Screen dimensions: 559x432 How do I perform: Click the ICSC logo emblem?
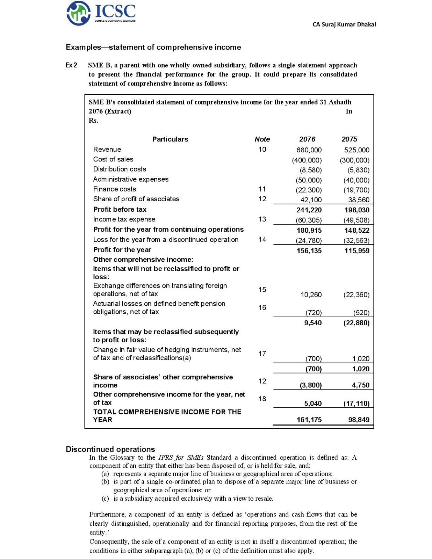(78, 13)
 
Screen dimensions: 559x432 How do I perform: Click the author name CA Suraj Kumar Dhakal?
(344, 24)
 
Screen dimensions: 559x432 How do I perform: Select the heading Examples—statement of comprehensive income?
(153, 47)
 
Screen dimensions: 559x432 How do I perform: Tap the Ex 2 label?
(71, 65)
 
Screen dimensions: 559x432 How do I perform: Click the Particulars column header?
(170, 139)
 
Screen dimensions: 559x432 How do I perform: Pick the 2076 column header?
(307, 139)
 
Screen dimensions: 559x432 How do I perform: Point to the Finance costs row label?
(114, 189)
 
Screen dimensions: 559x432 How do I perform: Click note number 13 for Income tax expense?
(262, 219)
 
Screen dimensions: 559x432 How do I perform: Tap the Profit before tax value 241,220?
(309, 210)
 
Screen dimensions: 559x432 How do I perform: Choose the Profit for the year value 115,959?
(357, 251)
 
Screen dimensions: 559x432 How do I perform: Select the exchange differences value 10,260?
(311, 295)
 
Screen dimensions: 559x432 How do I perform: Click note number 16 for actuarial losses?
(262, 307)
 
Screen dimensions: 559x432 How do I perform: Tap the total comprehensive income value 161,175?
(309, 420)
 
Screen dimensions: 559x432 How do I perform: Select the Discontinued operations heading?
(110, 449)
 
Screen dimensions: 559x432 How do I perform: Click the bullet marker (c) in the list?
(105, 499)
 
